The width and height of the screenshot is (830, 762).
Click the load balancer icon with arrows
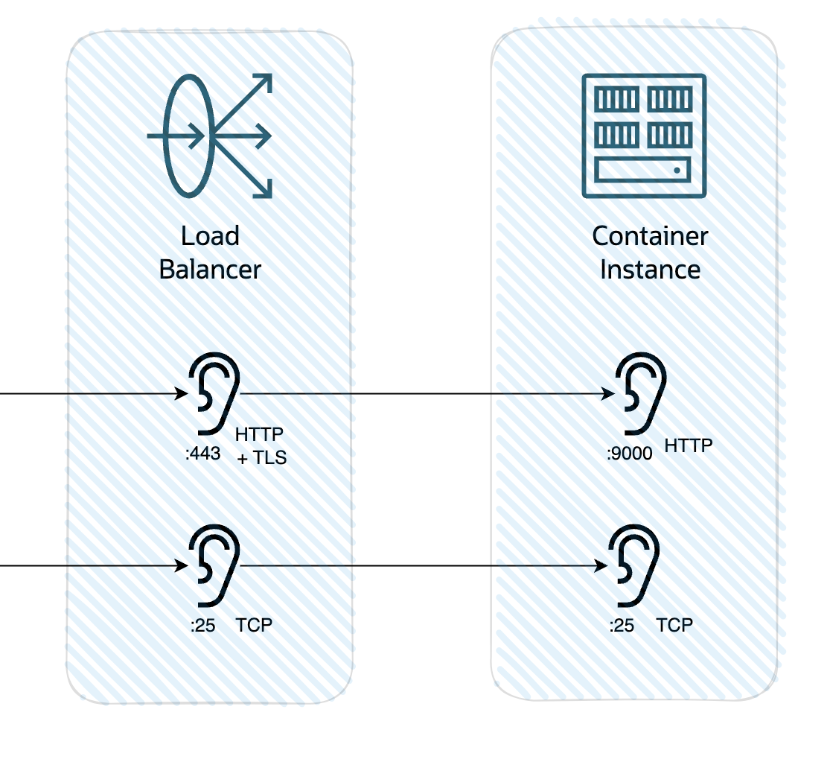pos(210,136)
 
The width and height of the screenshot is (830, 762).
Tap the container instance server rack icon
pos(644,136)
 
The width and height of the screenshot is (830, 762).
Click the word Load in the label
pos(210,236)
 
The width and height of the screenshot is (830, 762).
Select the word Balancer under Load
pos(210,269)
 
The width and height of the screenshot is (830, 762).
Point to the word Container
pos(650,236)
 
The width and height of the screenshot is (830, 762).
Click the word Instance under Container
pos(650,269)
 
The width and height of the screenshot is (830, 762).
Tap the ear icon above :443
pos(214,392)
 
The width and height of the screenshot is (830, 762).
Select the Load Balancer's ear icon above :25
pos(214,564)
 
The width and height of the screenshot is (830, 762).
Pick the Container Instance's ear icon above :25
pos(635,564)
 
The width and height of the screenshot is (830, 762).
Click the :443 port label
pos(202,453)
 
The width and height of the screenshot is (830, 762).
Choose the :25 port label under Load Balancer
pos(202,625)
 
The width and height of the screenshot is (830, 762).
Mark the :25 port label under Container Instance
pos(622,625)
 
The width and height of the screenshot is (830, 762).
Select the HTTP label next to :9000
pos(688,445)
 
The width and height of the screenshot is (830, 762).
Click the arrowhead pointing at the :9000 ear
pos(607,394)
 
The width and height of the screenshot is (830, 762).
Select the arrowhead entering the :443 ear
pos(181,394)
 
